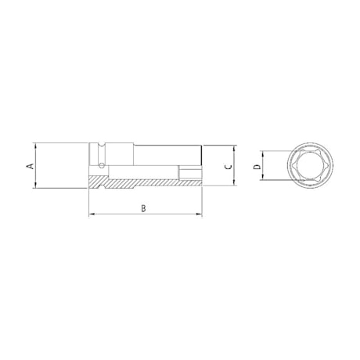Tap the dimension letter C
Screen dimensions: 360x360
point(226,167)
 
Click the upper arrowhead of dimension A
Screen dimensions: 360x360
point(36,146)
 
